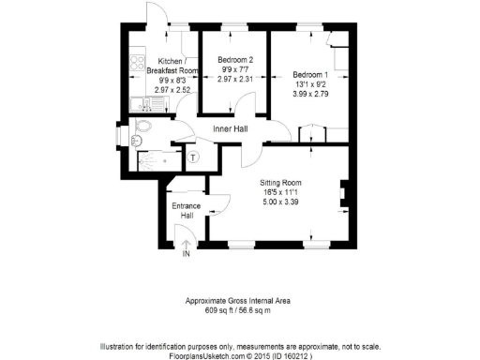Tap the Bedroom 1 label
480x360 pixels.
point(309,74)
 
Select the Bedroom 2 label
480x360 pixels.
point(235,58)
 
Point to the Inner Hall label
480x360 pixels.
point(230,127)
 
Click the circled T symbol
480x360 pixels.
point(193,157)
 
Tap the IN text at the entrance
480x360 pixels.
point(186,254)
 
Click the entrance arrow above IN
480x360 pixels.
point(186,244)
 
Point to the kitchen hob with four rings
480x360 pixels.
point(137,67)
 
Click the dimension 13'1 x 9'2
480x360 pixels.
point(310,84)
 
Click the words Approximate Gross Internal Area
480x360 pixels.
point(240,300)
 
